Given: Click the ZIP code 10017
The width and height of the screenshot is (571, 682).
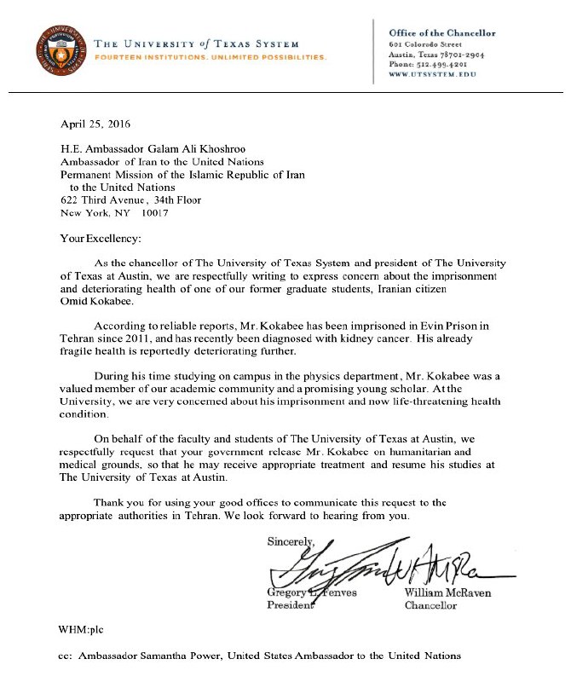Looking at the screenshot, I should click(156, 213).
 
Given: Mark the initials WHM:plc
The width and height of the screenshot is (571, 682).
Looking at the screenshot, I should click(84, 630).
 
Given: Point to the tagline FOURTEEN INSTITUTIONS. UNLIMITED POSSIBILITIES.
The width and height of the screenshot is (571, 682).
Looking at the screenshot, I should click(210, 58).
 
